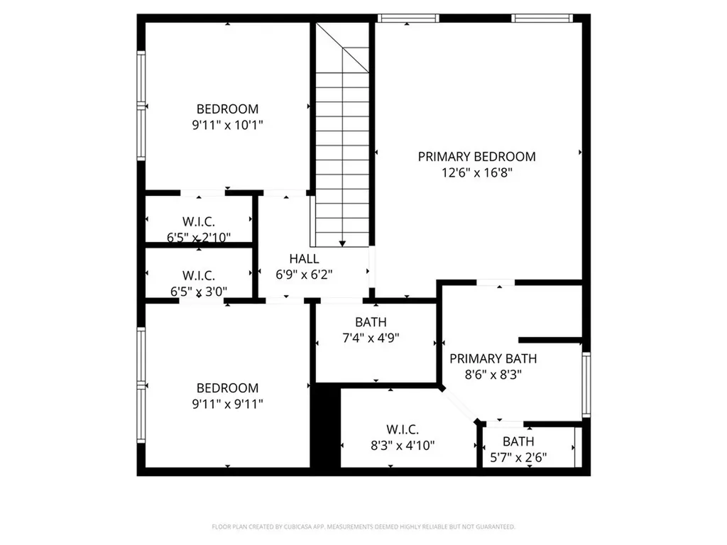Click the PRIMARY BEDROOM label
click(476, 157)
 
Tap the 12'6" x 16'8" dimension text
click(476, 172)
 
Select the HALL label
click(304, 259)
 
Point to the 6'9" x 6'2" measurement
click(304, 274)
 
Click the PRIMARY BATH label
click(493, 358)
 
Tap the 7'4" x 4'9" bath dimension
click(371, 338)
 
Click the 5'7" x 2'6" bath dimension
click(518, 458)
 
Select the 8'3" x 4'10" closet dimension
click(403, 446)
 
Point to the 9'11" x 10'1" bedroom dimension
click(227, 125)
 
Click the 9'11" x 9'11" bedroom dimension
click(227, 404)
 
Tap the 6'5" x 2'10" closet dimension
click(199, 237)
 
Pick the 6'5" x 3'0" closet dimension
click(199, 290)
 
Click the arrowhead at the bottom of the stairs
click(343, 243)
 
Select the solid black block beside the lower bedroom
click(325, 426)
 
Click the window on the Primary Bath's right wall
click(586, 384)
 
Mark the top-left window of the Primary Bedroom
click(408, 18)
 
